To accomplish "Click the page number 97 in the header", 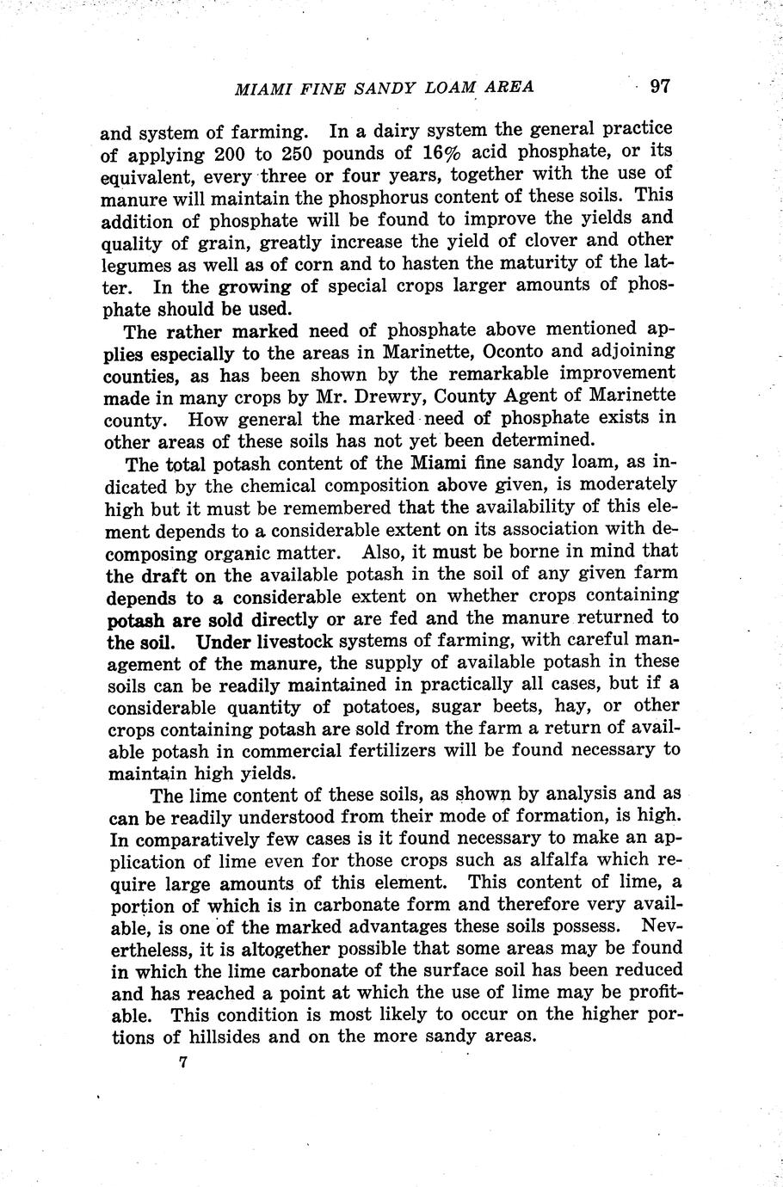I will coord(660,86).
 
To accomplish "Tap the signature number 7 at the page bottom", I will coord(183,1062).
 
